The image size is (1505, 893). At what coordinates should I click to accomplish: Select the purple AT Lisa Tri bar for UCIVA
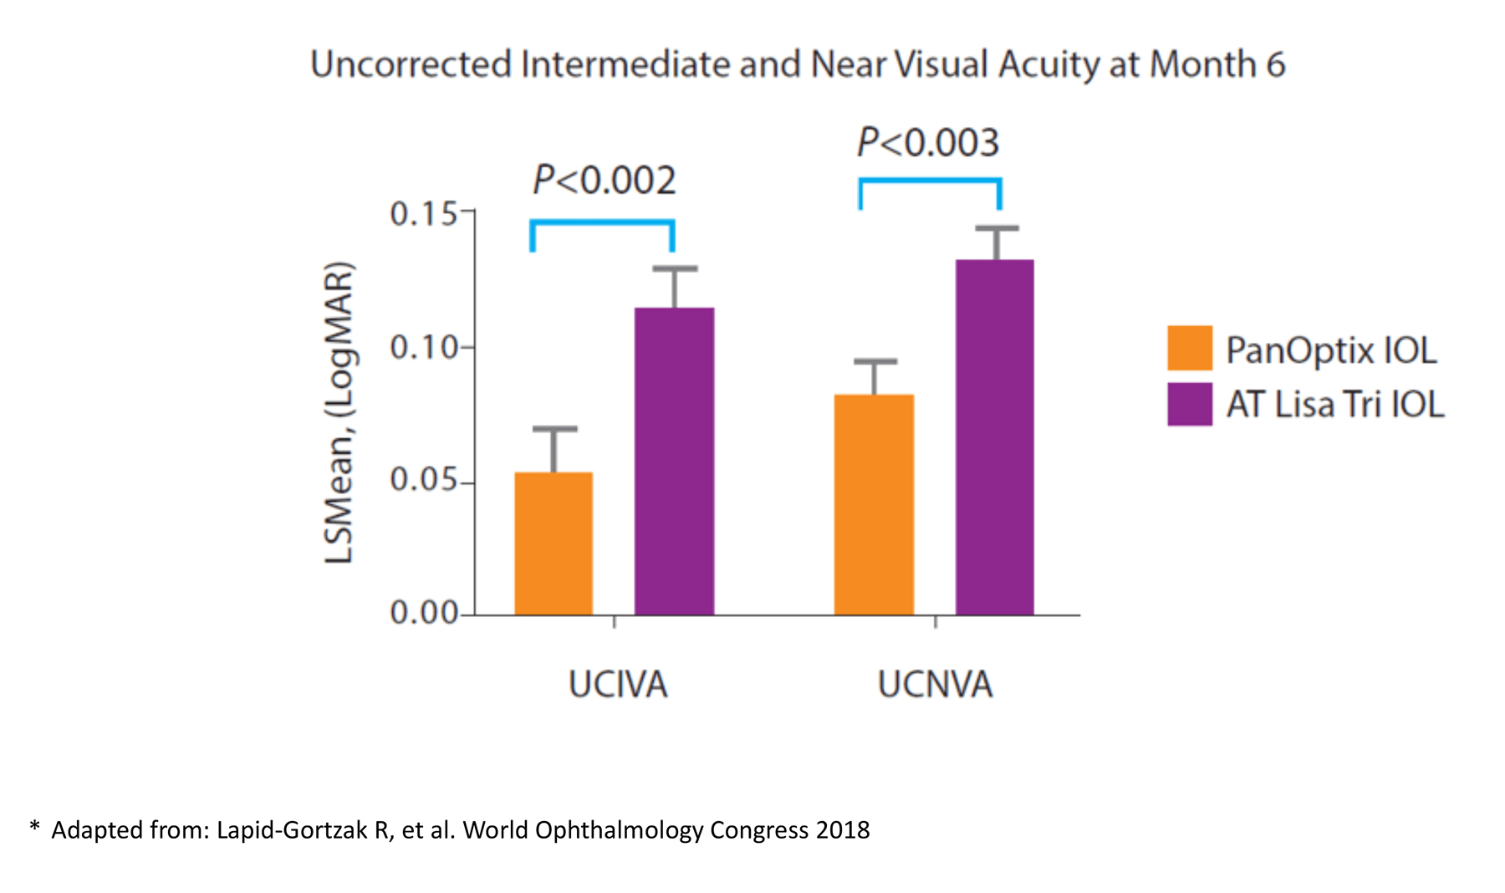pyautogui.click(x=674, y=462)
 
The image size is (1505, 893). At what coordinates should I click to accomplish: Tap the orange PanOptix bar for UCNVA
pyautogui.click(x=874, y=505)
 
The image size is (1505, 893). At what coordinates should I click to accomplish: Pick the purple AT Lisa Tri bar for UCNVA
pyautogui.click(x=995, y=437)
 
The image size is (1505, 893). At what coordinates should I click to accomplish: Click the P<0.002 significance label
pyautogui.click(x=604, y=181)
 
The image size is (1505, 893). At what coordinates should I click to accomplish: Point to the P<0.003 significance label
pyautogui.click(x=928, y=143)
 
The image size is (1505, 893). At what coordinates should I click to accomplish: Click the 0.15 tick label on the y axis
pyautogui.click(x=424, y=214)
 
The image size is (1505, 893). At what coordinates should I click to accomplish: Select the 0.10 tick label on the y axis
pyautogui.click(x=424, y=347)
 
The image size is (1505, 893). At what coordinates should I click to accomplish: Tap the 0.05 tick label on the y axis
pyautogui.click(x=424, y=481)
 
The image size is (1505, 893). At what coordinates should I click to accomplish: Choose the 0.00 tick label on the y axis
pyautogui.click(x=424, y=614)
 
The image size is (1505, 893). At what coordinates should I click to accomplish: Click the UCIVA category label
pyautogui.click(x=618, y=685)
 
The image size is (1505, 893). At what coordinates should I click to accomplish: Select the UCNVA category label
pyautogui.click(x=935, y=685)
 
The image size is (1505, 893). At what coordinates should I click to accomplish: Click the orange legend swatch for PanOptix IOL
pyautogui.click(x=1190, y=348)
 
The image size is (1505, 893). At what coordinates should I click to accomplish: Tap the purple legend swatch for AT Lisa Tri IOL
pyautogui.click(x=1190, y=405)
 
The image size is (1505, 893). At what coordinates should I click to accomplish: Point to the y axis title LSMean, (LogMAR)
pyautogui.click(x=339, y=413)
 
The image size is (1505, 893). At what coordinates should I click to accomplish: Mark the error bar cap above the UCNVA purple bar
pyautogui.click(x=997, y=228)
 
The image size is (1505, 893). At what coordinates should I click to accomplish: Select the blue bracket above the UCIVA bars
pyautogui.click(x=603, y=222)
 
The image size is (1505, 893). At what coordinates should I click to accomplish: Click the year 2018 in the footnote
pyautogui.click(x=843, y=830)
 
